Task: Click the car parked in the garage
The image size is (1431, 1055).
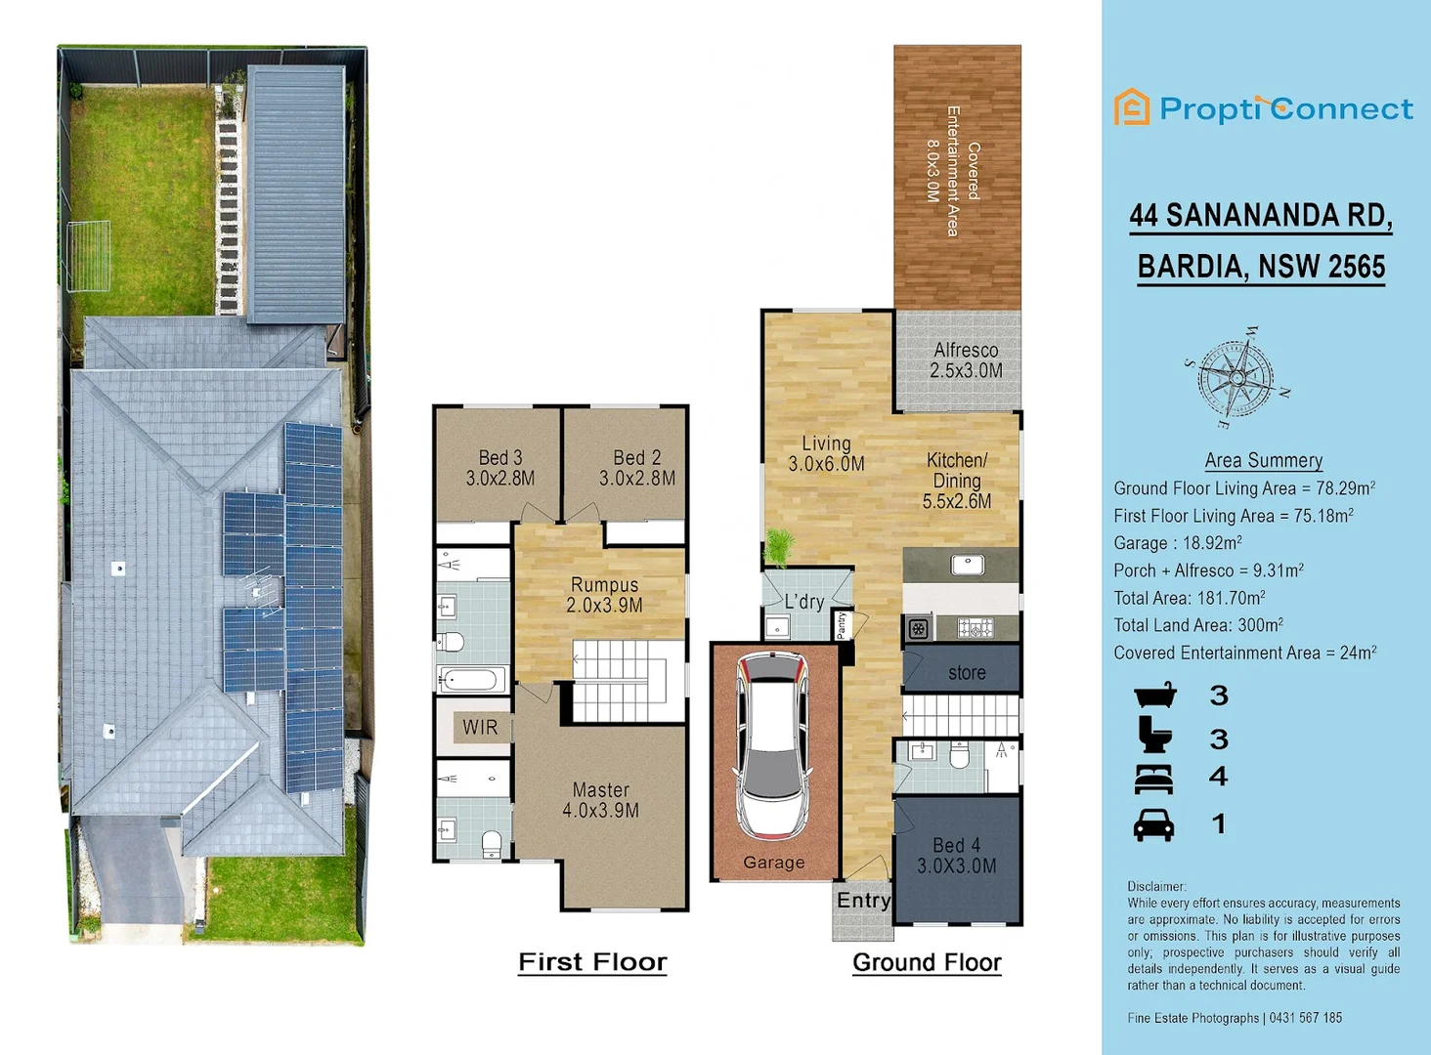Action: [x=773, y=747]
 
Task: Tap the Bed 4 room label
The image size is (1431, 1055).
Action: [x=956, y=856]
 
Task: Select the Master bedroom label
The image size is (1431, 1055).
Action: [x=600, y=800]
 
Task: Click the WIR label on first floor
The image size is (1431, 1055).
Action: [x=480, y=728]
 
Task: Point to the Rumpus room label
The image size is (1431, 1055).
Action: [x=604, y=595]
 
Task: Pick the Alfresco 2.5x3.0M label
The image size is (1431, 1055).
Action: [x=966, y=360]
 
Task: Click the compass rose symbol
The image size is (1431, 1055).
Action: [x=1237, y=377]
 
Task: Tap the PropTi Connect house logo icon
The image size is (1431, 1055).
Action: [x=1132, y=107]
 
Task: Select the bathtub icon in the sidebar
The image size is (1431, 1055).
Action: [x=1154, y=696]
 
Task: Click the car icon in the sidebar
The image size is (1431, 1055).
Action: [x=1153, y=825]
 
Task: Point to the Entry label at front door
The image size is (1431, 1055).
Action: [x=863, y=901]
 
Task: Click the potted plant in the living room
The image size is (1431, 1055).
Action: [x=779, y=547]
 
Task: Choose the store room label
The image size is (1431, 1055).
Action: [x=966, y=673]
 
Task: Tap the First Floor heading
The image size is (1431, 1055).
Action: [x=592, y=962]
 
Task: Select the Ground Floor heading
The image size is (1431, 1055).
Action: [x=927, y=963]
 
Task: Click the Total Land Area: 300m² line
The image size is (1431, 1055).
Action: [x=1198, y=625]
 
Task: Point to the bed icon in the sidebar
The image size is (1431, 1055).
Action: [x=1153, y=779]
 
